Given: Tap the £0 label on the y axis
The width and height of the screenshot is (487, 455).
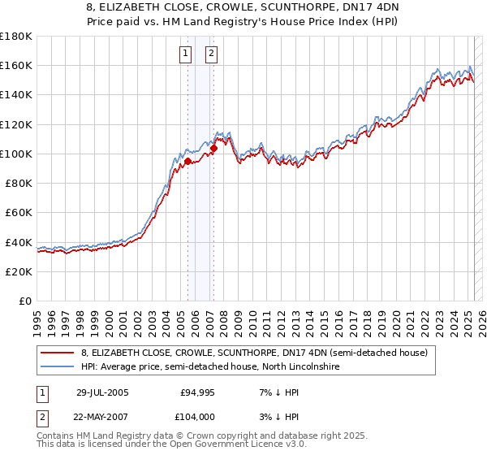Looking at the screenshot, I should tap(25, 301).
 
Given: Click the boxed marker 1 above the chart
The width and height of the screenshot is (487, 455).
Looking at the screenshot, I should tap(186, 54).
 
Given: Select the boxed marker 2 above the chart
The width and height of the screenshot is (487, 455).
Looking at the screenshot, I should tap(211, 54).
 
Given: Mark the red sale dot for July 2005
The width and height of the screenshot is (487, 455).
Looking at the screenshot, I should tap(187, 161).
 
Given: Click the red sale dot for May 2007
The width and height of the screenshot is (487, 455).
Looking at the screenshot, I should tap(213, 148).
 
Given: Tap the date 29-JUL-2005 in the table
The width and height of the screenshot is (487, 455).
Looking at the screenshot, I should tap(102, 392).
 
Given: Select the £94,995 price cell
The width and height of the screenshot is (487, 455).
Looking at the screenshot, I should tap(197, 392).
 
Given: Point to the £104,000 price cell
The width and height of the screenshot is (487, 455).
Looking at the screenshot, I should tap(197, 417).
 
